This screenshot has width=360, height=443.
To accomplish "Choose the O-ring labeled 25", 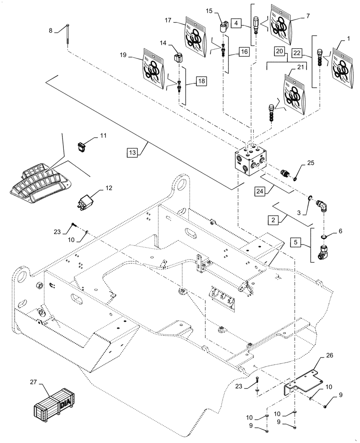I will coord(293,178).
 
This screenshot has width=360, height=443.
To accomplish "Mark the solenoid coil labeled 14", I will coord(178,58).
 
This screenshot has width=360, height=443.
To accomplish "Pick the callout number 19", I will coord(124,55).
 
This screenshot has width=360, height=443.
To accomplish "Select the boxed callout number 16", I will coord(244,52).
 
